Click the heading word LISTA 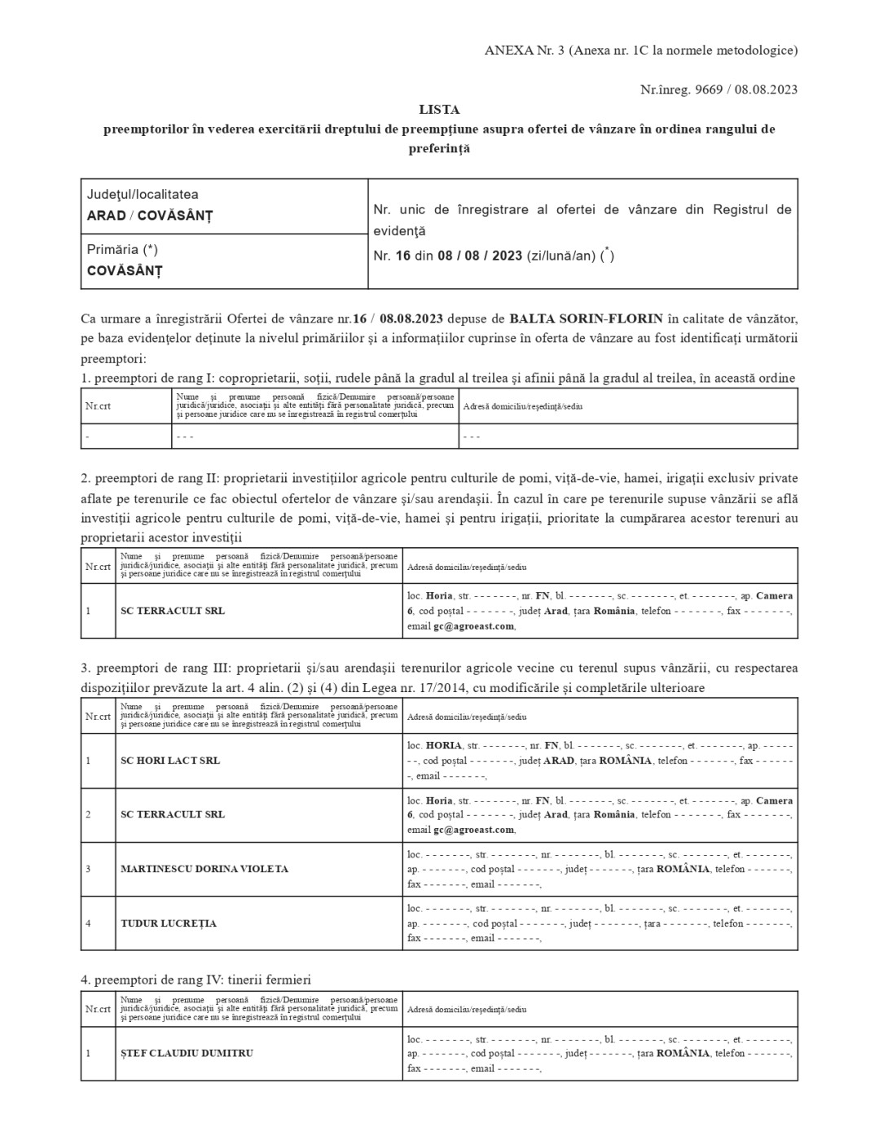[439, 109]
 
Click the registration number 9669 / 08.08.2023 [745, 90]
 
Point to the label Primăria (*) [122, 250]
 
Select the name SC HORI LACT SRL [170, 761]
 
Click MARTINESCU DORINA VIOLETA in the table [204, 869]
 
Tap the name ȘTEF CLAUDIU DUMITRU [187, 1053]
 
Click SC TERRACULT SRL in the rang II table [173, 611]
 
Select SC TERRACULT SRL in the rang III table [173, 814]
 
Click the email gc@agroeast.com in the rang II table [474, 626]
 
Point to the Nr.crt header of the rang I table [98, 406]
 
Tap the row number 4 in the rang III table [88, 923]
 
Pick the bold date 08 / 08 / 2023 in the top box [480, 256]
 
